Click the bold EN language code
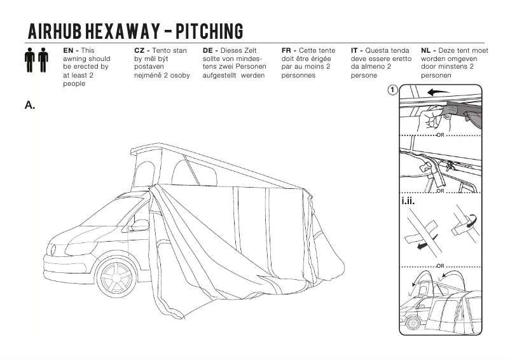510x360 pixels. pos(69,50)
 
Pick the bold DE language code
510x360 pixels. pos(209,50)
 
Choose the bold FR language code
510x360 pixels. pos(287,50)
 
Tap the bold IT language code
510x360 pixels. pos(355,50)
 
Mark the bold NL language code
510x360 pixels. pos(427,50)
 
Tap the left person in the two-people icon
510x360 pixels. pos(29,59)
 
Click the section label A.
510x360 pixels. pos(29,105)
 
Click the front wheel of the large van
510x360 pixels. pos(117,279)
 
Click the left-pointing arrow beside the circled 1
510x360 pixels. pos(438,92)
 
